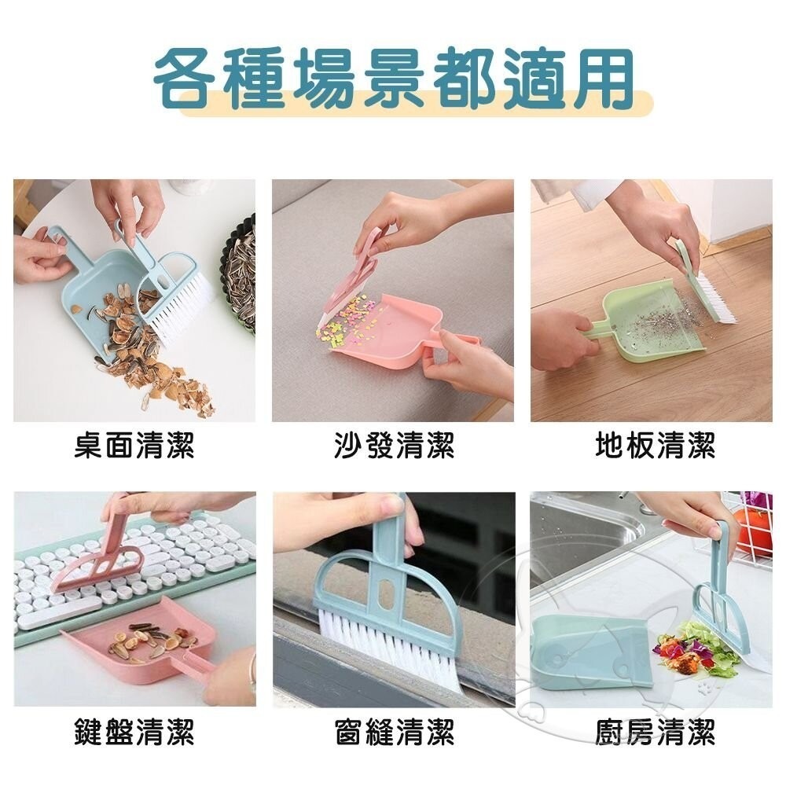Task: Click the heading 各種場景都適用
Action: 393,79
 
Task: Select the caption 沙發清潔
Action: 394,447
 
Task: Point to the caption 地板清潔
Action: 655,447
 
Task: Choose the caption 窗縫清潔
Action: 394,733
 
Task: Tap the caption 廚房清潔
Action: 655,733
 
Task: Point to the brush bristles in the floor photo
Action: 711,299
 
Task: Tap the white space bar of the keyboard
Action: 59,612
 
